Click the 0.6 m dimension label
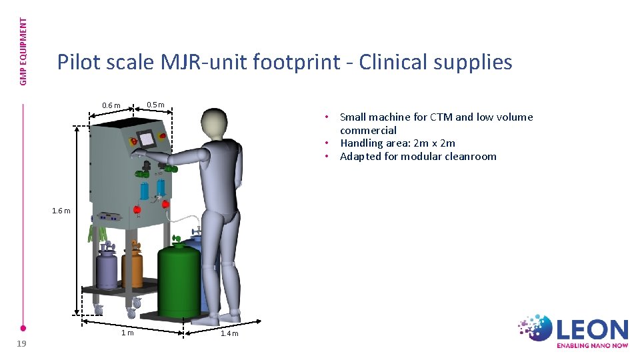tap(111, 105)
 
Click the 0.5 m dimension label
tap(155, 105)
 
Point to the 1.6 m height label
tap(61, 211)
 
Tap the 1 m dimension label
tap(127, 333)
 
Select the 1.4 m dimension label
tap(229, 333)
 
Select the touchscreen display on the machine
tap(147, 139)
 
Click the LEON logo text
tap(593, 330)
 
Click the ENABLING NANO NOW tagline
tap(592, 345)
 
